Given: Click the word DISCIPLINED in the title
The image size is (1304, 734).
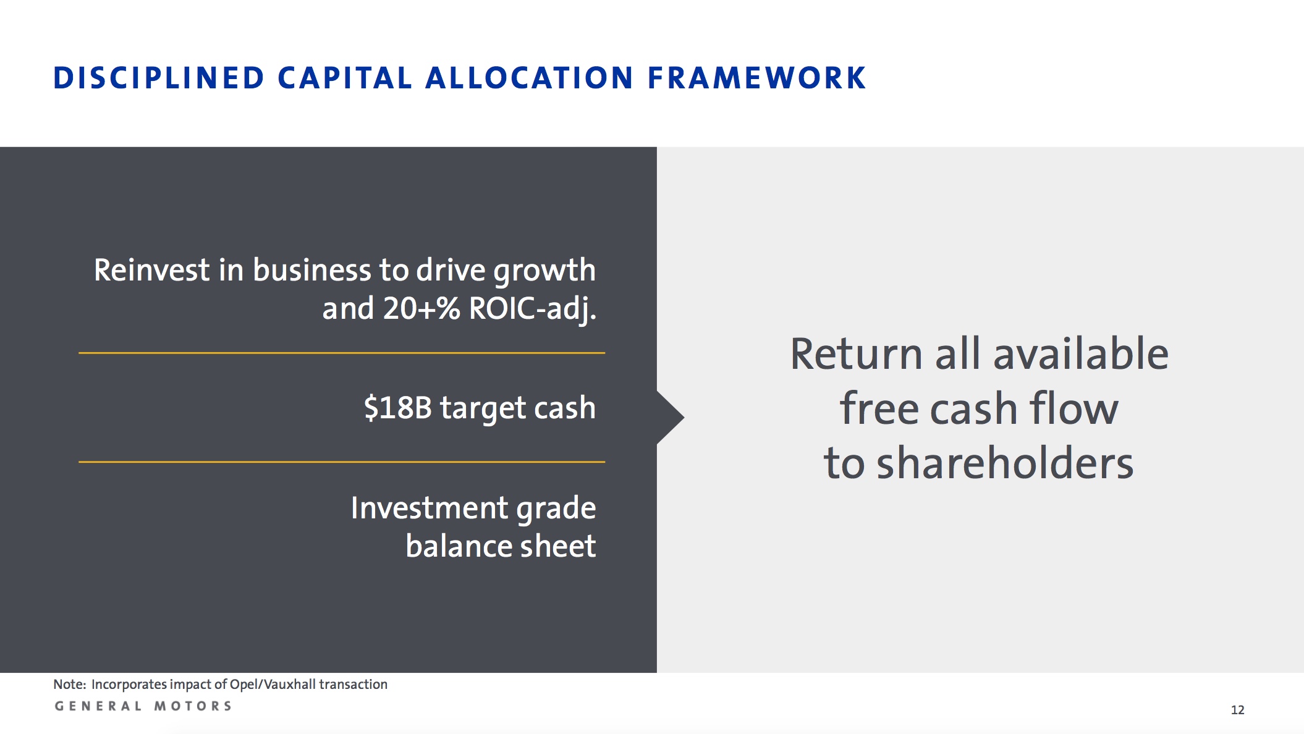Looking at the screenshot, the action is click(x=159, y=78).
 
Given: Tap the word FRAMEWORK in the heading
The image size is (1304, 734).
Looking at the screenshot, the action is click(x=756, y=78).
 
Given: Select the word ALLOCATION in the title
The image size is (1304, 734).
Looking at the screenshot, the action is click(x=530, y=78).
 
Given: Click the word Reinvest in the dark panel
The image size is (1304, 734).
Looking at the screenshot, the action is click(x=151, y=270).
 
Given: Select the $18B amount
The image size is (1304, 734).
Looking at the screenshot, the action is click(x=397, y=408).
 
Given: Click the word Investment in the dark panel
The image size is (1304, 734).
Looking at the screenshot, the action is click(x=430, y=508).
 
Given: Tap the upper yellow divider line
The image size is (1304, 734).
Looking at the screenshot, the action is click(x=342, y=353).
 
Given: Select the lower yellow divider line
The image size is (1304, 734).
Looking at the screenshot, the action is click(x=342, y=462).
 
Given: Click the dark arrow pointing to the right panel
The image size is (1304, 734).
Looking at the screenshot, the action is click(x=670, y=418).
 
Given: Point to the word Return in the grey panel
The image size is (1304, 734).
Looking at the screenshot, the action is click(x=857, y=354).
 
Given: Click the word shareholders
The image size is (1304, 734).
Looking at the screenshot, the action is click(x=1006, y=463).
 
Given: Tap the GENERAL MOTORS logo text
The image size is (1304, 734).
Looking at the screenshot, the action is click(x=143, y=706).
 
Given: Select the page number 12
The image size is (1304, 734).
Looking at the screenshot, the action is click(x=1237, y=710).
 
